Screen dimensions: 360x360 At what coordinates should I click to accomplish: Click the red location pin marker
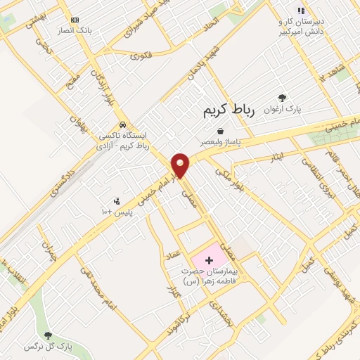point(181,165)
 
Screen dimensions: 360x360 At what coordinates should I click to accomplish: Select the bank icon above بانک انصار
point(75,20)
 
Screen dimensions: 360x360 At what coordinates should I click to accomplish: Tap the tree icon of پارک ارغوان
point(282,98)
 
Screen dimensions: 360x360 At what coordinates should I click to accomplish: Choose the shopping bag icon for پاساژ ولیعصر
point(221,131)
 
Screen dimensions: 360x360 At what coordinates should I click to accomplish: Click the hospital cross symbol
point(208,260)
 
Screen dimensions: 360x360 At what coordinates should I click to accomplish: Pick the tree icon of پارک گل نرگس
point(48,335)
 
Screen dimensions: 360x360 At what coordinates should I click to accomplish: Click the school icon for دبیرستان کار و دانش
point(301,11)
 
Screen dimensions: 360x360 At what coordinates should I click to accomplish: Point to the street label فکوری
point(141,54)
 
